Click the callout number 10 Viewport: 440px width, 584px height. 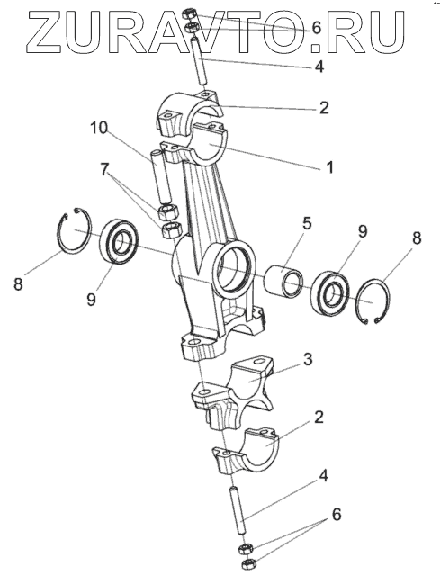[x=98, y=129]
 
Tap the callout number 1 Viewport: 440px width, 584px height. [x=329, y=167]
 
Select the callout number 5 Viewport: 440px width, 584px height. [x=307, y=223]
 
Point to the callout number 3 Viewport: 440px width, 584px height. [x=308, y=360]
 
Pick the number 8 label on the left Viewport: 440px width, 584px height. [x=18, y=283]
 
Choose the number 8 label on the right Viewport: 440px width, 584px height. [x=417, y=238]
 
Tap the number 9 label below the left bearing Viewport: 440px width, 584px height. [x=91, y=299]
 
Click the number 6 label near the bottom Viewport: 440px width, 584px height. [x=336, y=515]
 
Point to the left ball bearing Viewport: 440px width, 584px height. [x=119, y=242]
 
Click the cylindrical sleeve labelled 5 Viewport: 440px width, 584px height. [x=283, y=281]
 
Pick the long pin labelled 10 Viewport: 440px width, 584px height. [x=160, y=177]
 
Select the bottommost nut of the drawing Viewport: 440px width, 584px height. [x=247, y=563]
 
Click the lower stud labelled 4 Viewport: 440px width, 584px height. [x=237, y=511]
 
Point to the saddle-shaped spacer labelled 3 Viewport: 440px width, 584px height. [x=234, y=395]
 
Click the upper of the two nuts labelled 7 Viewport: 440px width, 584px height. [x=168, y=212]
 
